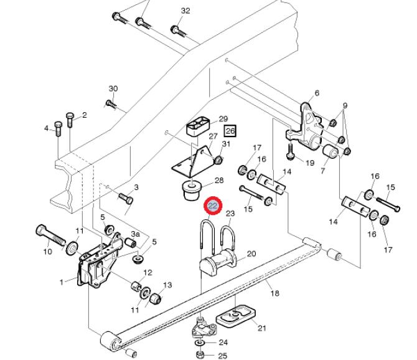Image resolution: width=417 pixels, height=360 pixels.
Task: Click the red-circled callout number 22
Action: coord(213,206)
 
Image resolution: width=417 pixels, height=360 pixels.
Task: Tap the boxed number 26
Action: coord(230,131)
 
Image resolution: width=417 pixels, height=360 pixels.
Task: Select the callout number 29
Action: coord(223,119)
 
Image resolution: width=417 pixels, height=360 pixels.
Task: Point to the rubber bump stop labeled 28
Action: coord(192,190)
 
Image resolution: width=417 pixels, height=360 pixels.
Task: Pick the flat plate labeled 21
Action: coord(236,316)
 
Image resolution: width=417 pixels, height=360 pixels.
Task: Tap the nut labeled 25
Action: coord(200,354)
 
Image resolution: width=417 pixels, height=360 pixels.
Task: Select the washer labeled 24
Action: coord(199,343)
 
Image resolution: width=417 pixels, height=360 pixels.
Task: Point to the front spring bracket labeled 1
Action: coord(100,262)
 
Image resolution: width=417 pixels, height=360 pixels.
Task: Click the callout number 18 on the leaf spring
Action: coord(275,293)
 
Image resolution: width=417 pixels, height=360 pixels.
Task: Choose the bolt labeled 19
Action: coord(290,151)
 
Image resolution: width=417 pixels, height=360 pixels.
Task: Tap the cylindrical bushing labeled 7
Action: coord(330,151)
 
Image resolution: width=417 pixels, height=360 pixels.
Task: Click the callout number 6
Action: coord(317,93)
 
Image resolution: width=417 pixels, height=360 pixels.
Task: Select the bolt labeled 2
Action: coord(70,120)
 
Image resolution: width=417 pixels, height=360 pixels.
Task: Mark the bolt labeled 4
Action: coord(58,128)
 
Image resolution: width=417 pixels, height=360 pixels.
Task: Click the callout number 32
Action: coord(185,11)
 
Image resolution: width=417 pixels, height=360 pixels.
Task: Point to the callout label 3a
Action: coord(135,234)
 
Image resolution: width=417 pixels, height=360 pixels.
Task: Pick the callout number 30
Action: coord(113,88)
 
